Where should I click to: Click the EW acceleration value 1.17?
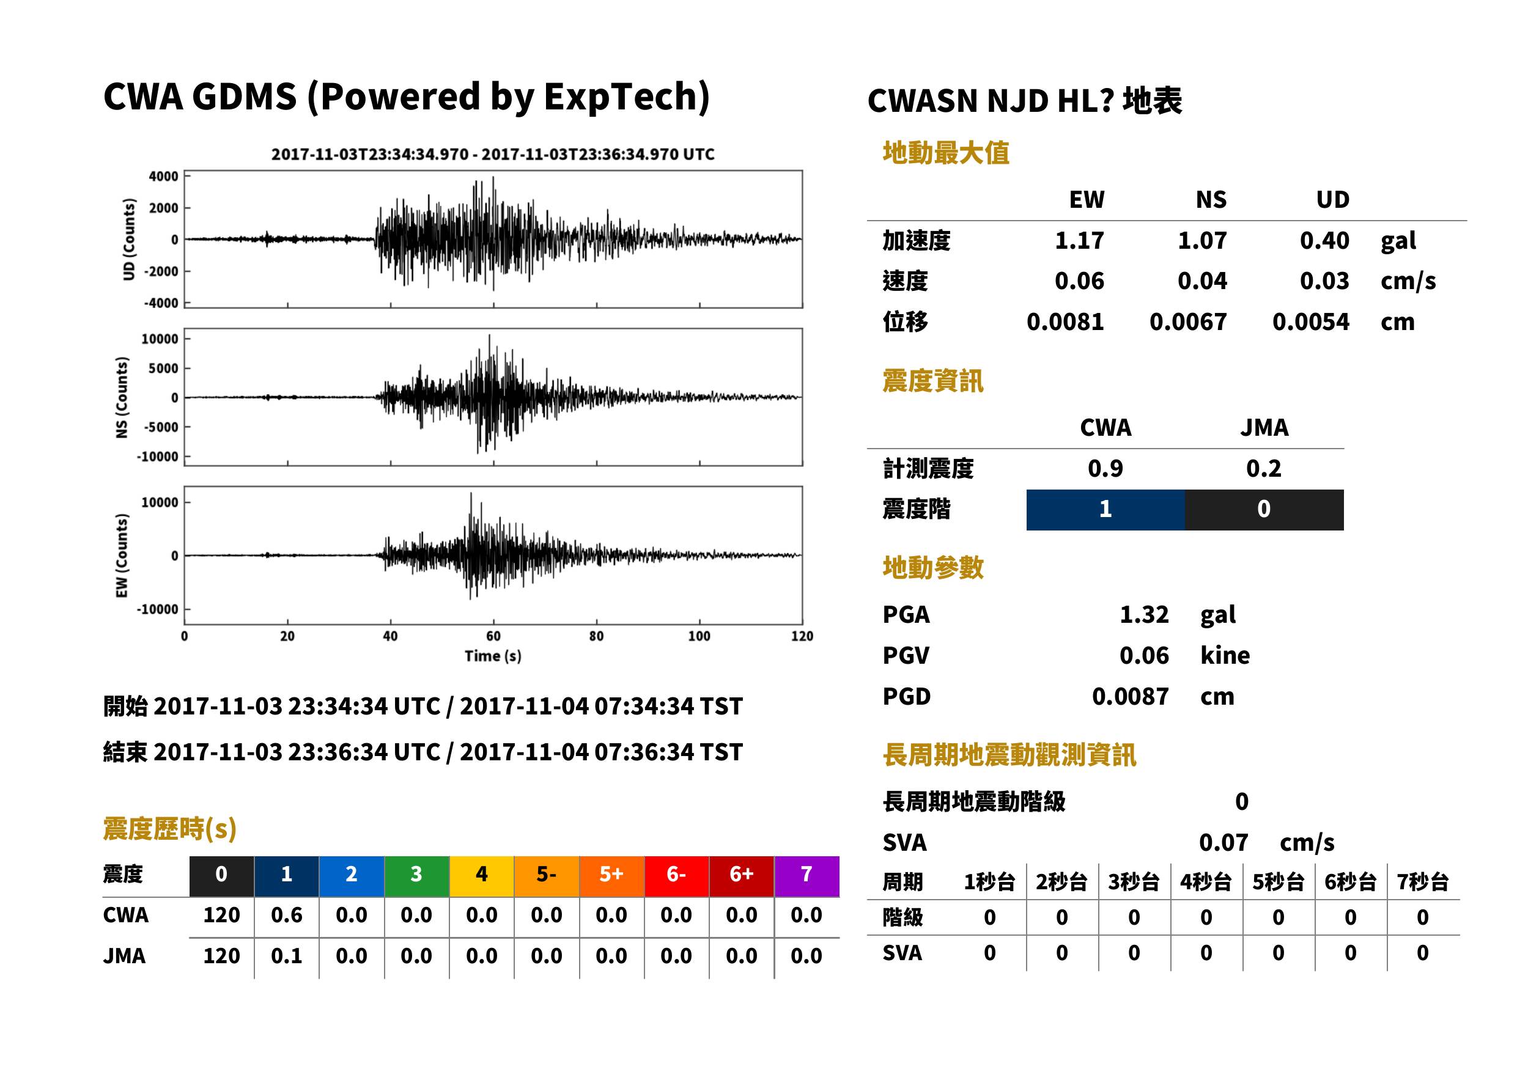1079,240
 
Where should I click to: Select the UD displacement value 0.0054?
1310,321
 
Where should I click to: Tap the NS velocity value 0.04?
1201,281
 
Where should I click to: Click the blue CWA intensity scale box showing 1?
1105,510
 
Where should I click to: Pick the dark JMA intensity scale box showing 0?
1264,510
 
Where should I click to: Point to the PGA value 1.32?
1144,614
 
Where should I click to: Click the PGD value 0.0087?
1130,696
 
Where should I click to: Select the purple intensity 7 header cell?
806,876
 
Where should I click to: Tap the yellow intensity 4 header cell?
482,876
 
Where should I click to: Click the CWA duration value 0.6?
286,915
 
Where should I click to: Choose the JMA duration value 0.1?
286,956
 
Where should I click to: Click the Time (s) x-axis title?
493,656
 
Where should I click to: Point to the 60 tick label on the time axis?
493,636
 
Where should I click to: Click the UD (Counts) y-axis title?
129,240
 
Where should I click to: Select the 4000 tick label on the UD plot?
163,177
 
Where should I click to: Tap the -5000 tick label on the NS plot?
161,427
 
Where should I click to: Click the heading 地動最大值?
946,153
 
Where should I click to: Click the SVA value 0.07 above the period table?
1224,842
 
